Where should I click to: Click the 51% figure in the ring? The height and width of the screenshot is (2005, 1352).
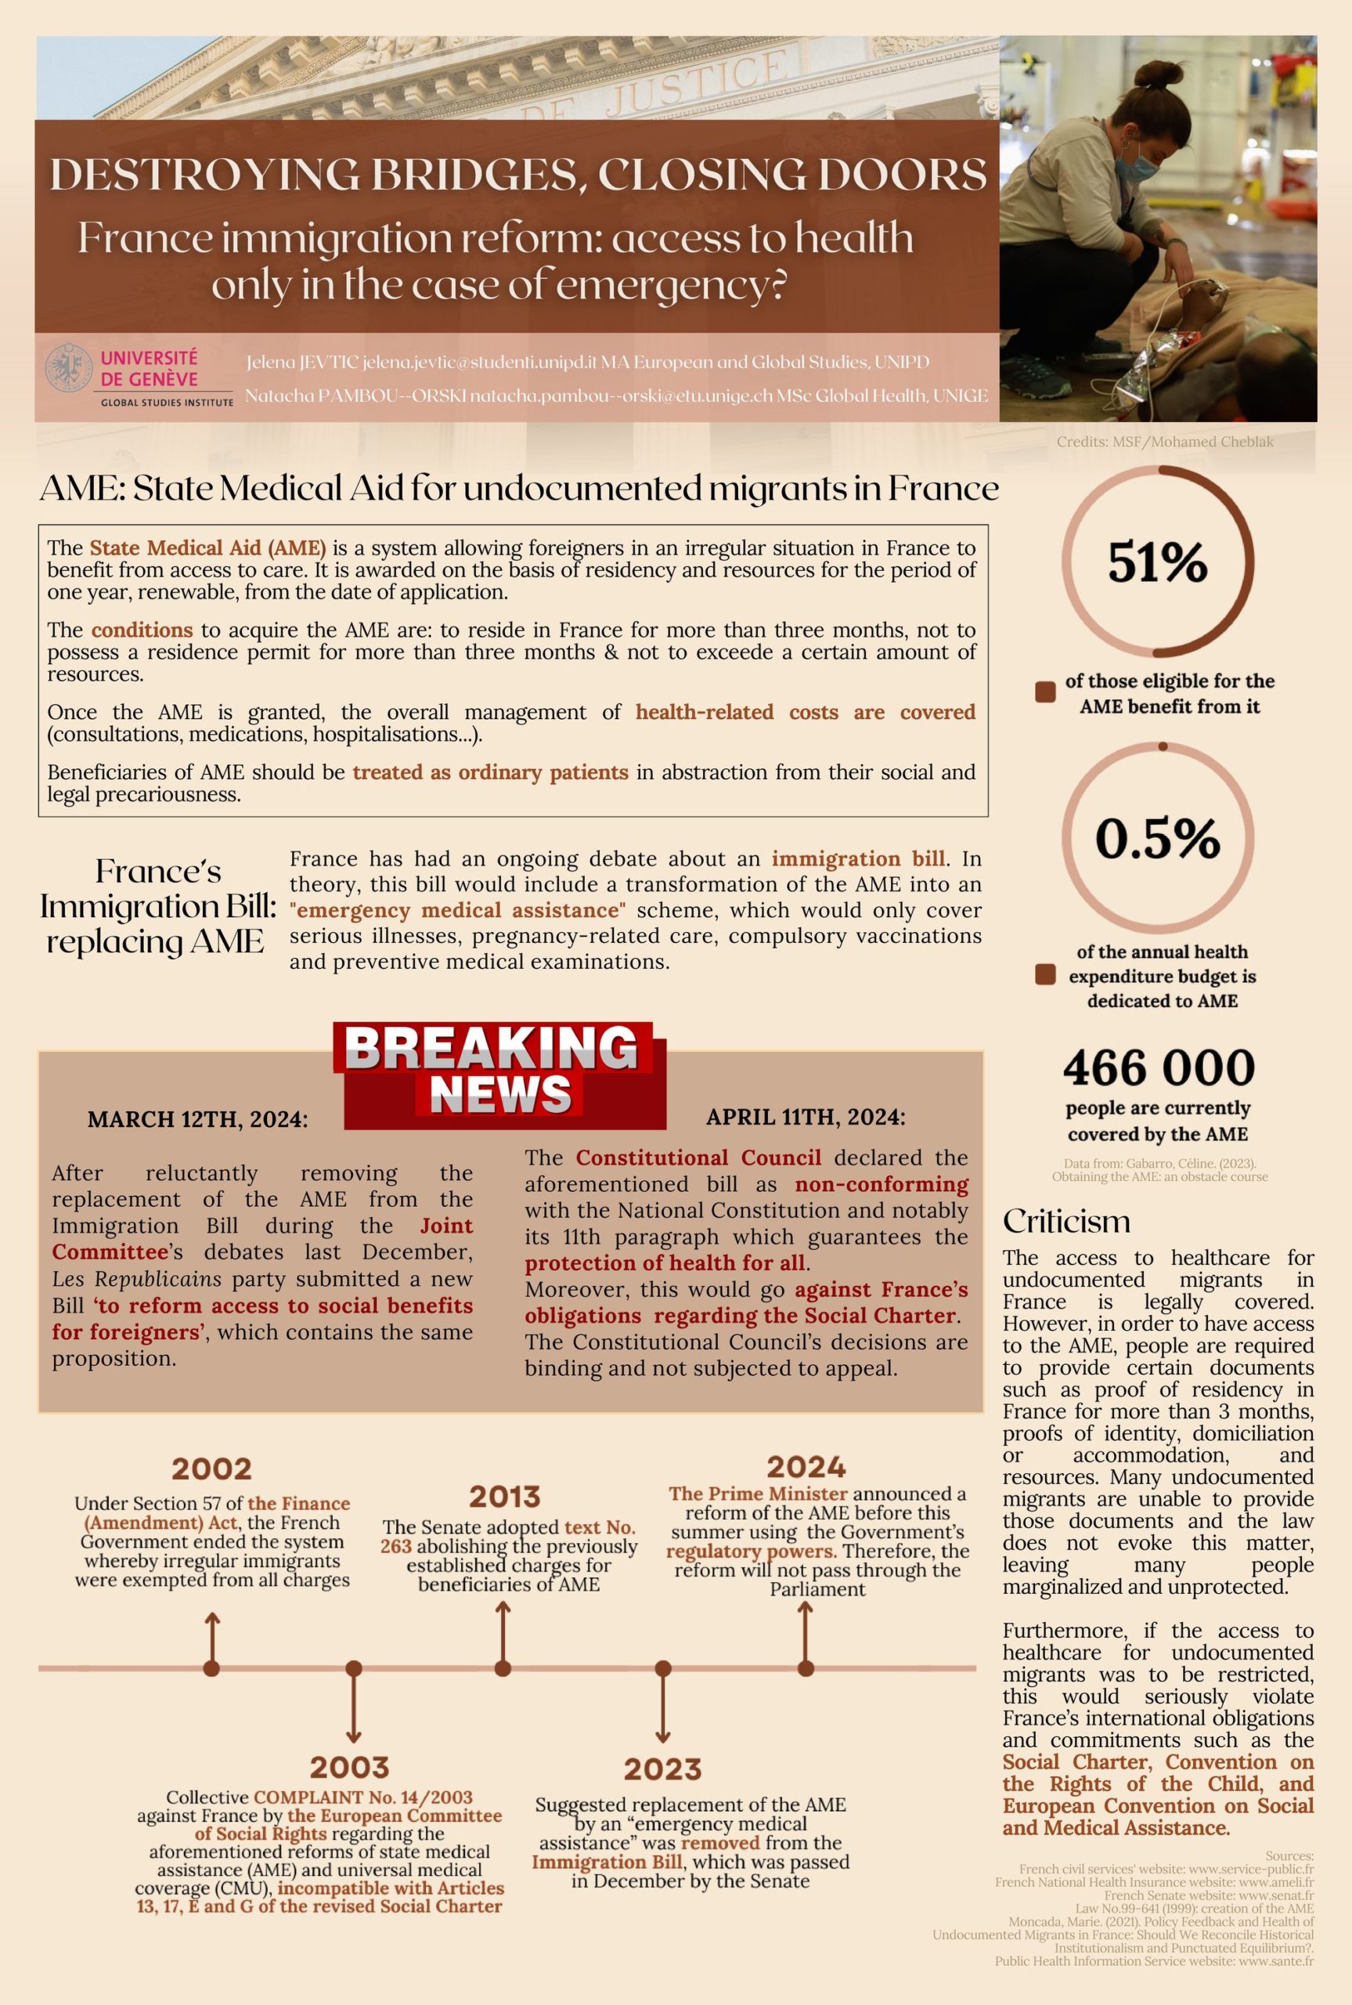point(1157,563)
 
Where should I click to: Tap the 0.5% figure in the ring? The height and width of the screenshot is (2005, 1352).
point(1157,838)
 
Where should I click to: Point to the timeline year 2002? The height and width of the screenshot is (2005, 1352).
point(211,1468)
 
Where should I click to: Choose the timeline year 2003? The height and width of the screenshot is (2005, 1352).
point(350,1767)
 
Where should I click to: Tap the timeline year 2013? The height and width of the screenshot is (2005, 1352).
point(504,1496)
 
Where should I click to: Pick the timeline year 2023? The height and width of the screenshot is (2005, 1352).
point(662,1768)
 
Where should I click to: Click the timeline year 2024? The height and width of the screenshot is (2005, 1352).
point(806,1466)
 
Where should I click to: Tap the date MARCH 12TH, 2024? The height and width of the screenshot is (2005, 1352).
point(197,1119)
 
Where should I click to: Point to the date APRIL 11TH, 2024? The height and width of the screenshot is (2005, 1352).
point(806,1117)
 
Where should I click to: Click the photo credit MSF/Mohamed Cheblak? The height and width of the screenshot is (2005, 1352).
point(1164,442)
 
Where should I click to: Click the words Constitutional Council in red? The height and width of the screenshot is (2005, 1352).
point(698,1158)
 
